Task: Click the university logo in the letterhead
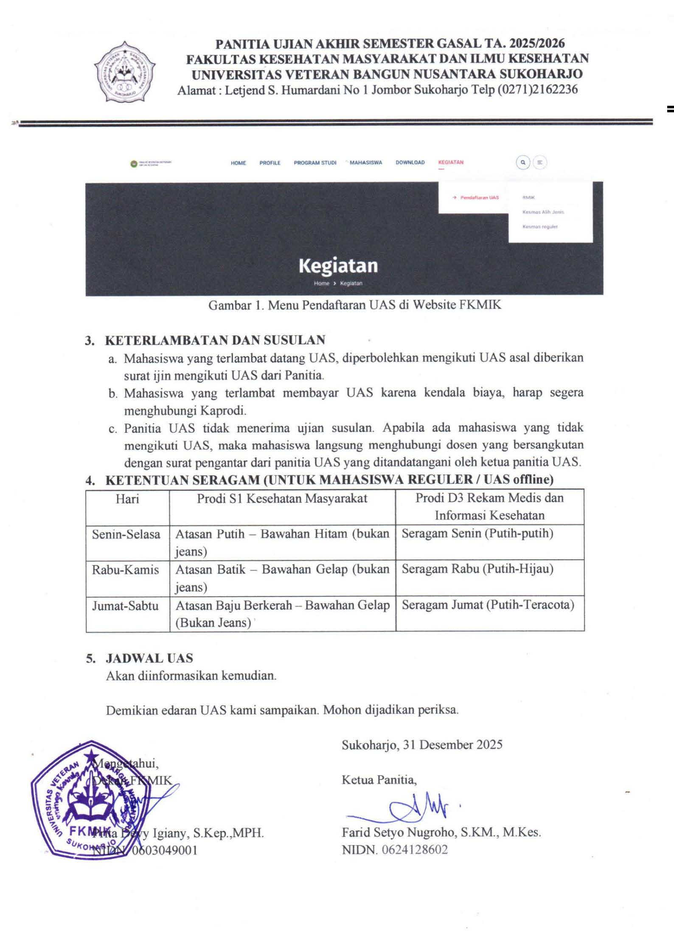[x=124, y=72]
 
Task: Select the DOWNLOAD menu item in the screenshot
[x=410, y=163]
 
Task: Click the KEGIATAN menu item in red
[x=451, y=163]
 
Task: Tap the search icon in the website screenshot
[x=523, y=162]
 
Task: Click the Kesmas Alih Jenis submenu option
[x=543, y=212]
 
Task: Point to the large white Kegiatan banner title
[x=338, y=266]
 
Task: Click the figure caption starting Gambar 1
[x=354, y=305]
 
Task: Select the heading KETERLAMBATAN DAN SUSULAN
[x=215, y=340]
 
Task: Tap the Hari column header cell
[x=127, y=499]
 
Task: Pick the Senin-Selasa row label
[x=126, y=534]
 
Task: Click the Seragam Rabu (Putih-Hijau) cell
[x=477, y=569]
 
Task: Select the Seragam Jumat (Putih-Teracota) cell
[x=488, y=605]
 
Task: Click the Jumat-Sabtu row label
[x=125, y=605]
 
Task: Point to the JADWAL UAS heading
[x=149, y=658]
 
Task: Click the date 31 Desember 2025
[x=452, y=745]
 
